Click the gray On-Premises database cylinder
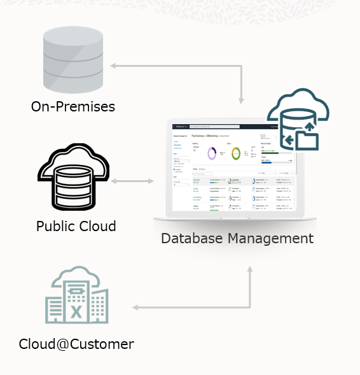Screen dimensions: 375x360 [73, 60]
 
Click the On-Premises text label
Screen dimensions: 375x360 [73, 106]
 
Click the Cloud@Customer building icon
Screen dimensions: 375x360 [76, 296]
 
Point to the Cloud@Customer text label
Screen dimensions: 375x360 [76, 344]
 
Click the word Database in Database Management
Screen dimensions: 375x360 [191, 238]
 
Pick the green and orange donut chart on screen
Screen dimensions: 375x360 [236, 153]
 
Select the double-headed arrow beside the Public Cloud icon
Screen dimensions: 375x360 [132, 181]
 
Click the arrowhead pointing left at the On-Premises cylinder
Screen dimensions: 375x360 [113, 66]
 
